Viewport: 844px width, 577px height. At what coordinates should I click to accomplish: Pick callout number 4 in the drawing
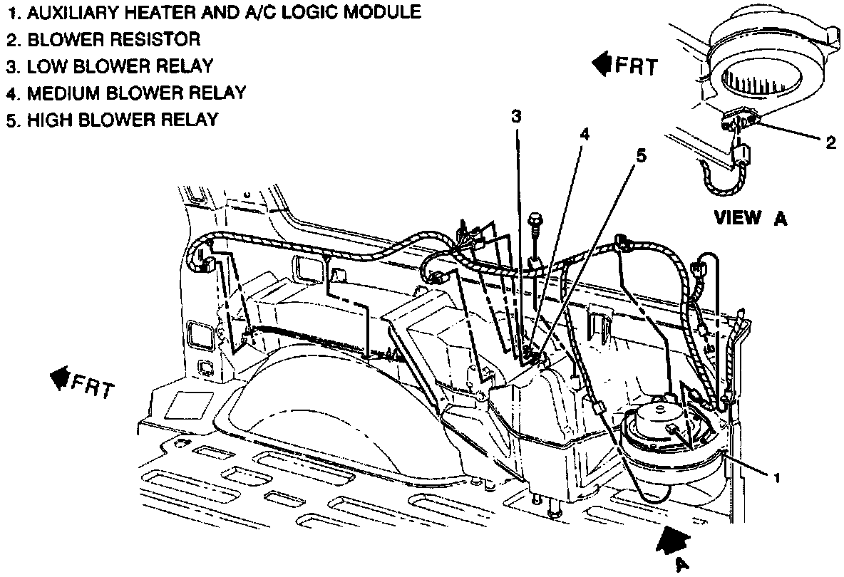click(584, 133)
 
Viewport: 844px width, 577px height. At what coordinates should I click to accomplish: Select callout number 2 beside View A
click(830, 142)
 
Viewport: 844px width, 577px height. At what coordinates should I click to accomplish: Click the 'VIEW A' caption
click(751, 218)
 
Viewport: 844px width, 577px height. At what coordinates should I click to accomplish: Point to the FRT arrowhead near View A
click(603, 65)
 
